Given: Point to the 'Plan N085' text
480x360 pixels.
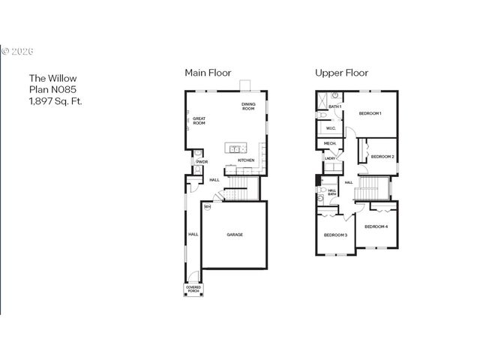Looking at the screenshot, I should tap(52, 88).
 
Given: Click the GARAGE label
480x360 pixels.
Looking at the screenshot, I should tap(235, 235).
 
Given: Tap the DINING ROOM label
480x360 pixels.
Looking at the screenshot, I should tap(248, 106).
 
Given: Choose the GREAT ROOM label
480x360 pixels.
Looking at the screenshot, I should tap(199, 121).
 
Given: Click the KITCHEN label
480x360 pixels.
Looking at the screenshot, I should tap(246, 160).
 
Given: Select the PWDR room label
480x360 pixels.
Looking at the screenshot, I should tap(202, 162).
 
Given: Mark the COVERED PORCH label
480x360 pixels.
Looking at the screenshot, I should tap(193, 289).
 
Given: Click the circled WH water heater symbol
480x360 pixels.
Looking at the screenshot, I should tap(207, 207).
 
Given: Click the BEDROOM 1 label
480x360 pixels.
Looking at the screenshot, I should tap(370, 113).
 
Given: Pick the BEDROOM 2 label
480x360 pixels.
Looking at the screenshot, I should tap(382, 157).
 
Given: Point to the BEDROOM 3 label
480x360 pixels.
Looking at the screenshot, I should tap(335, 235).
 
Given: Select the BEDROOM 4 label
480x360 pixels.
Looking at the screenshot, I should tap(376, 226).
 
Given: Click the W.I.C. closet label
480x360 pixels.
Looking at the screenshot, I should tap(330, 127).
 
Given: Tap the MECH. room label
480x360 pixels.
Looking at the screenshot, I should tap(329, 143).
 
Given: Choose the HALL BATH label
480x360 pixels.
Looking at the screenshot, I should tap(332, 193).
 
